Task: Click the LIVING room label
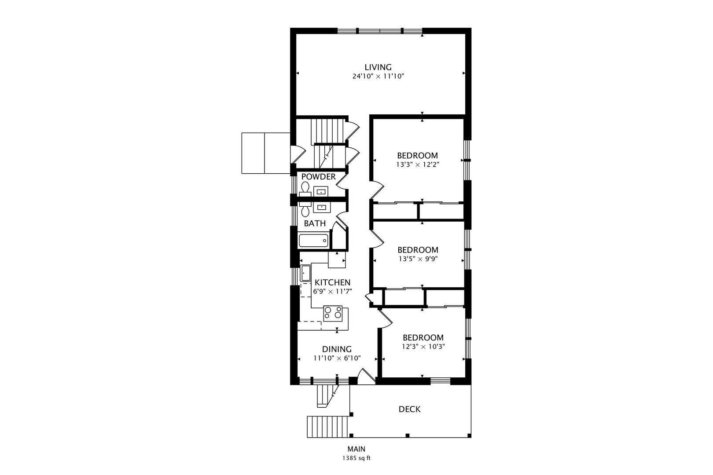point(378,67)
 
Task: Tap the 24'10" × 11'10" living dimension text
point(378,77)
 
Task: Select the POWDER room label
point(318,177)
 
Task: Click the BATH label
point(315,224)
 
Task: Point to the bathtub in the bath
point(313,241)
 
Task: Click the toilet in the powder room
point(305,190)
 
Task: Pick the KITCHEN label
point(332,282)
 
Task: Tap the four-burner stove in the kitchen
point(333,314)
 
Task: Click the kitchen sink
point(305,273)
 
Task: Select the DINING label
point(337,349)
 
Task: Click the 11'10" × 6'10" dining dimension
point(337,358)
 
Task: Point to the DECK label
point(409,409)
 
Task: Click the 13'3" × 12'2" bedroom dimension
point(418,165)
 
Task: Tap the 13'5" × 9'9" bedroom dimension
point(418,259)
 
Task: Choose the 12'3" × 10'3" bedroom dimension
point(423,347)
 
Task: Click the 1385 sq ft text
point(356,458)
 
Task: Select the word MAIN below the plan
point(356,449)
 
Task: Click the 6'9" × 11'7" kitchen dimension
point(333,292)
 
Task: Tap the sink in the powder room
point(321,191)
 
